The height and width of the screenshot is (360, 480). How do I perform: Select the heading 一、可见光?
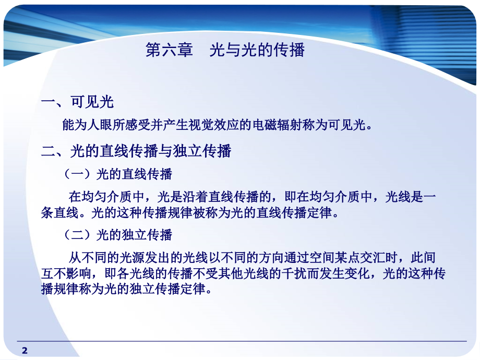pyautogui.click(x=77, y=102)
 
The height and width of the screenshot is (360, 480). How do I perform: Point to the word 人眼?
pyautogui.click(x=106, y=125)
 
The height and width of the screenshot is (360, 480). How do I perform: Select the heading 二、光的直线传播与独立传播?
pyautogui.click(x=136, y=151)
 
